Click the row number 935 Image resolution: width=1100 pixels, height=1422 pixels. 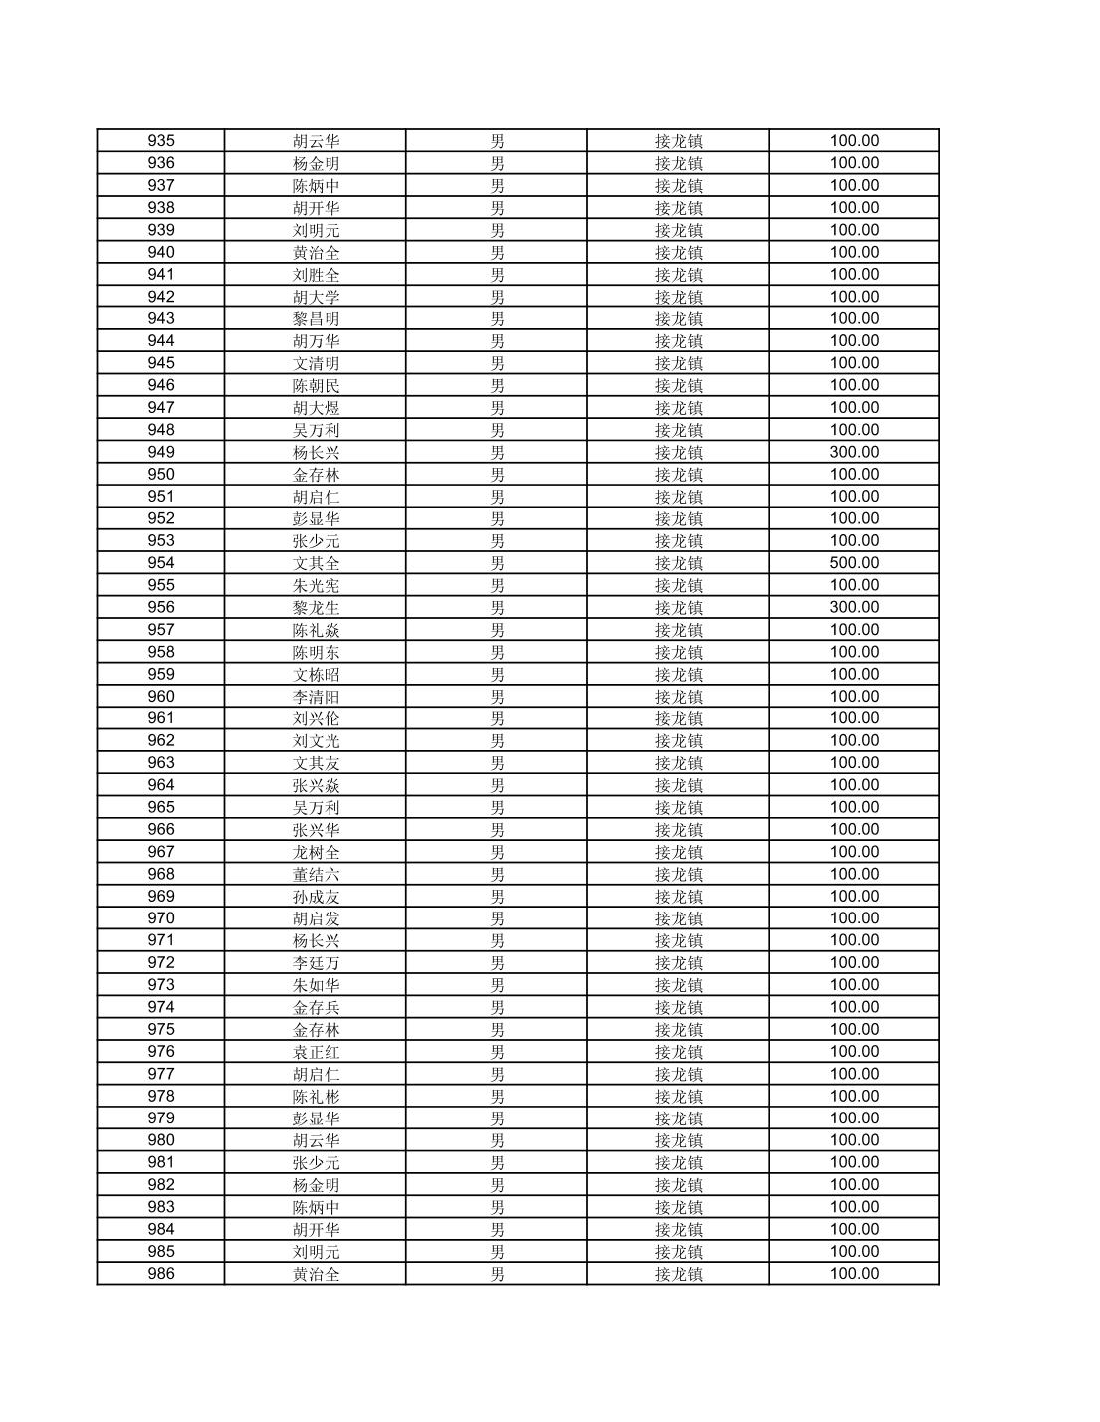tap(160, 141)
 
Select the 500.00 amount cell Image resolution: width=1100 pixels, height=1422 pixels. tap(854, 563)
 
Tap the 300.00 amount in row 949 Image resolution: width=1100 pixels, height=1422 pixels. tap(854, 452)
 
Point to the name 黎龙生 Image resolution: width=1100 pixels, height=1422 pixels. tap(316, 608)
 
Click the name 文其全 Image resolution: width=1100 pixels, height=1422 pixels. tap(316, 563)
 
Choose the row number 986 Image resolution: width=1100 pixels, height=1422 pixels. tap(160, 1274)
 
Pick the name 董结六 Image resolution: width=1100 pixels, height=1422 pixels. tap(316, 875)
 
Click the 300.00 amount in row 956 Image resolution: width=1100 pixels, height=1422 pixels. tap(854, 607)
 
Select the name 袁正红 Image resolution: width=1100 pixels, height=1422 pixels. tap(316, 1052)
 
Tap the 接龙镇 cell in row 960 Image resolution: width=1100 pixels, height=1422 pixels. tap(678, 697)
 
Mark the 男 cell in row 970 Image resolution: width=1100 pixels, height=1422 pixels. tap(497, 918)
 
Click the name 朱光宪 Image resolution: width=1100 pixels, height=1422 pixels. tap(316, 585)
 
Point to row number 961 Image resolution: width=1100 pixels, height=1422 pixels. tap(160, 718)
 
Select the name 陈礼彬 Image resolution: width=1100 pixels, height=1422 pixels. tap(316, 1097)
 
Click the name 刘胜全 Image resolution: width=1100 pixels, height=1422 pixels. tap(316, 275)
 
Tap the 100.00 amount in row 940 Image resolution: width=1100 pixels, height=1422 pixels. tap(854, 252)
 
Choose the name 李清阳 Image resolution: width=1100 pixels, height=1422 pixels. tap(316, 697)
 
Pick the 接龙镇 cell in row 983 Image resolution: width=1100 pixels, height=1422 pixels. tap(678, 1207)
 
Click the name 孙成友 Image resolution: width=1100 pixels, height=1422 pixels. tap(316, 897)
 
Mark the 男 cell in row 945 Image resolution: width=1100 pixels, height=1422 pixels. tap(497, 363)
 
